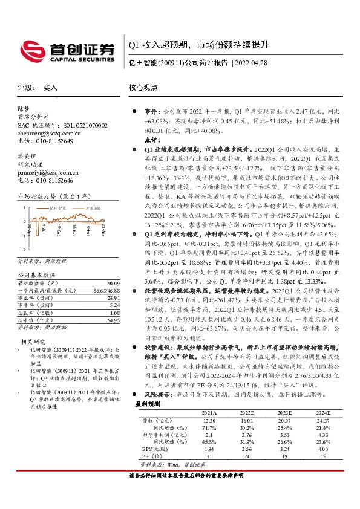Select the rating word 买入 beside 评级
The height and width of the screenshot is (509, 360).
pyautogui.click(x=50, y=88)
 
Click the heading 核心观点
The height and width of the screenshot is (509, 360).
pyautogui.click(x=143, y=88)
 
